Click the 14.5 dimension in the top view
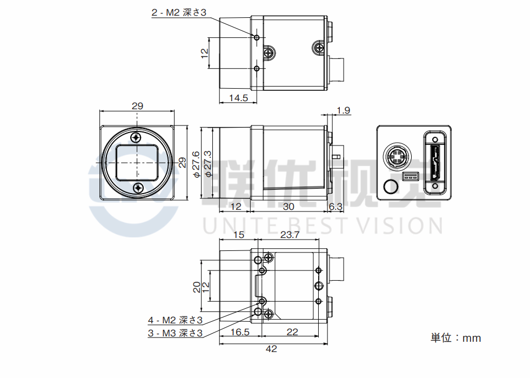[x=238, y=98]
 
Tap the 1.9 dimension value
[x=343, y=111]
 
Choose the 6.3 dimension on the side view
[x=336, y=207]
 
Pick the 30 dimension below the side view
[x=289, y=207]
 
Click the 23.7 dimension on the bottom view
[x=290, y=235]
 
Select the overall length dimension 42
[x=272, y=349]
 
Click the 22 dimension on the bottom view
[x=292, y=332]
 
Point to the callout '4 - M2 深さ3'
[x=175, y=321]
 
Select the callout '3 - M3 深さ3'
[x=175, y=333]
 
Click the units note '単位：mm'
[x=455, y=338]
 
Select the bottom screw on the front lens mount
[x=138, y=188]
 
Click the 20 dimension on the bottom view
[x=197, y=286]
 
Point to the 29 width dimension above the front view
[x=138, y=106]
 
